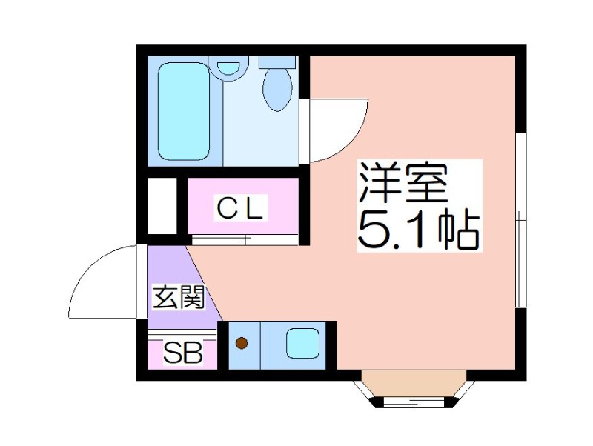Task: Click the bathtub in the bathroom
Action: (184, 111)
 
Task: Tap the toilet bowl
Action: (278, 90)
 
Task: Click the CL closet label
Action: (240, 208)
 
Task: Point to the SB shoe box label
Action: (182, 352)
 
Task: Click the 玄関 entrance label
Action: (178, 297)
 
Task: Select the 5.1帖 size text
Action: (419, 230)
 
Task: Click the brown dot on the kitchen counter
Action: (242, 343)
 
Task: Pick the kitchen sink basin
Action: (302, 343)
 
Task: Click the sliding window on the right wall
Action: (521, 219)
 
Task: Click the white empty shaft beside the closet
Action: (162, 206)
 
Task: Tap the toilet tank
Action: (277, 62)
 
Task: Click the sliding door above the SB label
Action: (182, 335)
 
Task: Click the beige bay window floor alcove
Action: (414, 384)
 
